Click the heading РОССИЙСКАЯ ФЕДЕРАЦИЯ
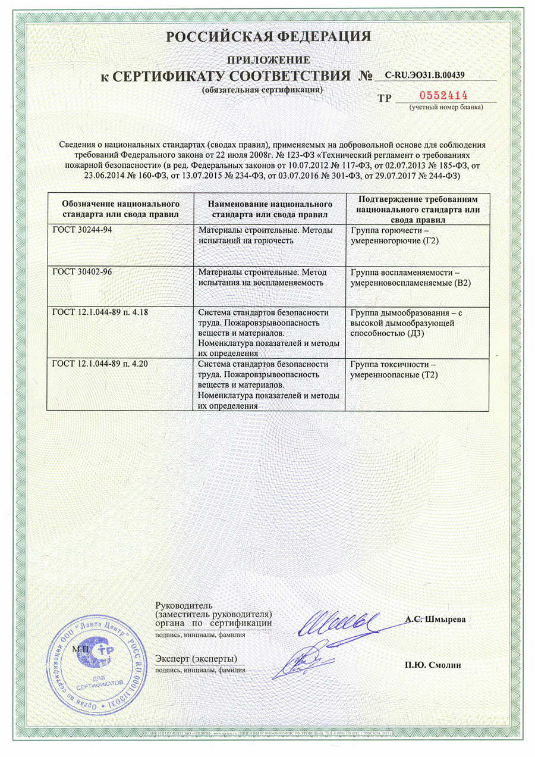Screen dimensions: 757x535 pyautogui.click(x=269, y=37)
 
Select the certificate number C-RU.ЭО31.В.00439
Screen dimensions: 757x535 pyautogui.click(x=424, y=75)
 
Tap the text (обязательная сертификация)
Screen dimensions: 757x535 pyautogui.click(x=262, y=90)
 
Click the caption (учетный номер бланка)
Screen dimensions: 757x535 pyautogui.click(x=445, y=107)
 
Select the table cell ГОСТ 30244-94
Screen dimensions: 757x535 pyautogui.click(x=83, y=230)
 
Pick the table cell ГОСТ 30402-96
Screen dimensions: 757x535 pyautogui.click(x=83, y=272)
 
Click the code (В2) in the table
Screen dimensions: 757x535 pyautogui.click(x=461, y=283)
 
